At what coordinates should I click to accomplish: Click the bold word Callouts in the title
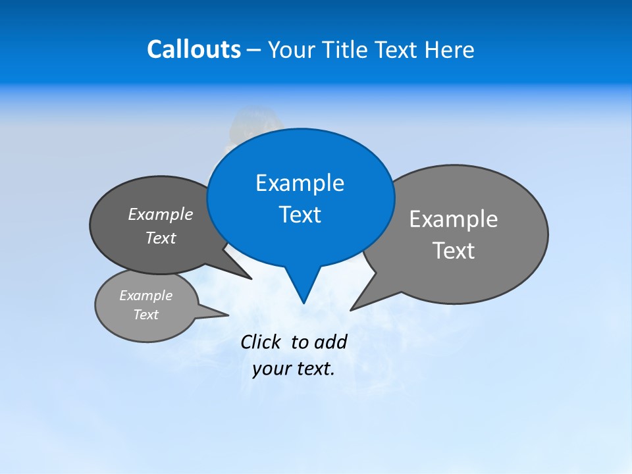(194, 49)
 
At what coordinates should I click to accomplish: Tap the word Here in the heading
(449, 50)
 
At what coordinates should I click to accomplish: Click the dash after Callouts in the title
(255, 51)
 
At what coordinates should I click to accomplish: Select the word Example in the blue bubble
(300, 183)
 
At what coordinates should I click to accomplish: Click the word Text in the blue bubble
(300, 215)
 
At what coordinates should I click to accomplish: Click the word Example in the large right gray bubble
(454, 219)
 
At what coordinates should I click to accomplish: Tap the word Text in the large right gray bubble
(454, 251)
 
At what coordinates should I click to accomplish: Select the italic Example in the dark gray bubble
(160, 215)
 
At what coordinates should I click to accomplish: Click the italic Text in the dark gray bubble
(160, 238)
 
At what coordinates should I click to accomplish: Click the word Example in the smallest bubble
(145, 296)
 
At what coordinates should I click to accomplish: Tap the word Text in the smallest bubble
(145, 315)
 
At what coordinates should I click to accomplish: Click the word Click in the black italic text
(261, 342)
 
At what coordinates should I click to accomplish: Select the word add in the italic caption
(330, 342)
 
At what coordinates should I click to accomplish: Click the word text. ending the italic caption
(316, 369)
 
